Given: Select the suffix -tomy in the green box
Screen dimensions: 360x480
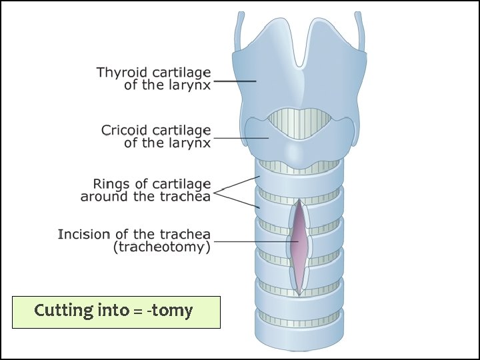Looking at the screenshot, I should (x=173, y=311).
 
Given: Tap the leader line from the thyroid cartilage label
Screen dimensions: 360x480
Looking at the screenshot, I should (x=235, y=81).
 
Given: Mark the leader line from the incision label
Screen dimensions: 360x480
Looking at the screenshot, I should (x=253, y=241).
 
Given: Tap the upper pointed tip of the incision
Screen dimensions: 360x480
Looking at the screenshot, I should (x=300, y=201).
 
